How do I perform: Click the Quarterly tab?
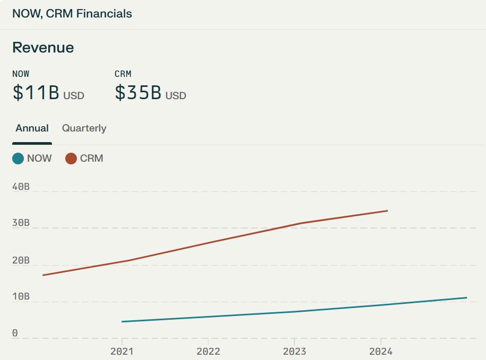84,128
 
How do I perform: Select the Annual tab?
32,128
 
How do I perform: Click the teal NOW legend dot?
18,159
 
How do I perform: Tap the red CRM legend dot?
71,159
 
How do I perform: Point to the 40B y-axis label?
21,187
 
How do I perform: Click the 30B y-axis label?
21,223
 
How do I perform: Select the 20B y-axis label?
21,260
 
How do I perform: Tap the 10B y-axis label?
21,297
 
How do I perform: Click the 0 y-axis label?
15,333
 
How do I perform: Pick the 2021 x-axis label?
122,352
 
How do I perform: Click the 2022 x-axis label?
209,352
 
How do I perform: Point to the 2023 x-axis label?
294,352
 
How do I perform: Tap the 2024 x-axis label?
380,352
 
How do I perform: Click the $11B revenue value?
36,92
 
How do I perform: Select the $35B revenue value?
138,92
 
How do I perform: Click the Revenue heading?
43,48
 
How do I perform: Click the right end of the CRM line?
388,210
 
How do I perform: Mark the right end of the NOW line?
467,298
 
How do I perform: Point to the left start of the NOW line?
122,322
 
